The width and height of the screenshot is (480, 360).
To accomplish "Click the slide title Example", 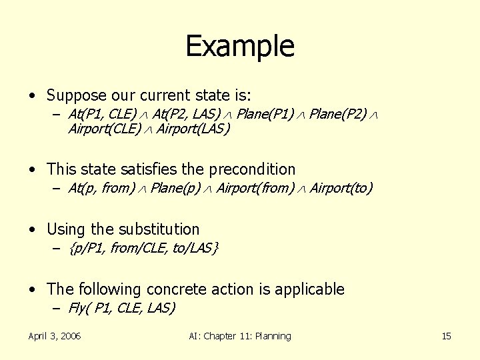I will point(239,46).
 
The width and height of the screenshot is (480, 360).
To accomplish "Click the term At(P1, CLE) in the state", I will point(102,114).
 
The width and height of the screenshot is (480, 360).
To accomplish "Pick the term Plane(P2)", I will point(339,114).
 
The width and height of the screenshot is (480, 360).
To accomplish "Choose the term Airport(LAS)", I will point(193,129).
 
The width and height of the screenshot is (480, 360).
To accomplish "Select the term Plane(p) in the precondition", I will point(175,188).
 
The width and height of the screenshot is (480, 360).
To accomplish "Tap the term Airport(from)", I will point(255,188).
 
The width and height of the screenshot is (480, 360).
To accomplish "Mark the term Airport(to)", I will point(341,188).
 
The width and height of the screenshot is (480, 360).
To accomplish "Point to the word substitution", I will point(159,229).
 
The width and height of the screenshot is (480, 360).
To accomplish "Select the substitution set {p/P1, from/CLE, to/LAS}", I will point(144,248).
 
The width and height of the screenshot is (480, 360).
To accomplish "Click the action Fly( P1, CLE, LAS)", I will point(121,308).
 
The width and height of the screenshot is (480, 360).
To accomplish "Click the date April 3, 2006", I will point(54,336).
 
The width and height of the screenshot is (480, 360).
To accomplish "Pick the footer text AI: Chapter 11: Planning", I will point(240,336).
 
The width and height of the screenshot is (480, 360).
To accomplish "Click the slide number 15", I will point(446,336).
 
